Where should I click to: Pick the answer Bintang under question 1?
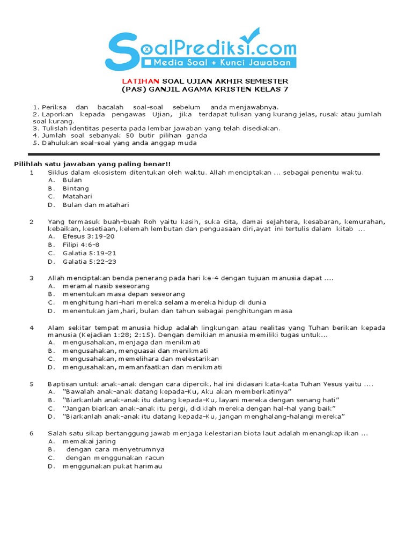point(76,189)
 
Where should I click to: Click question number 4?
point(32,328)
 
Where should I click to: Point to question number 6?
point(32,433)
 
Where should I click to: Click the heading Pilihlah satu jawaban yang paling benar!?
point(92,164)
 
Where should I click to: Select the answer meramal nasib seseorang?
point(99,286)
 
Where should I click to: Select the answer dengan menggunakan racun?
point(115,458)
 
